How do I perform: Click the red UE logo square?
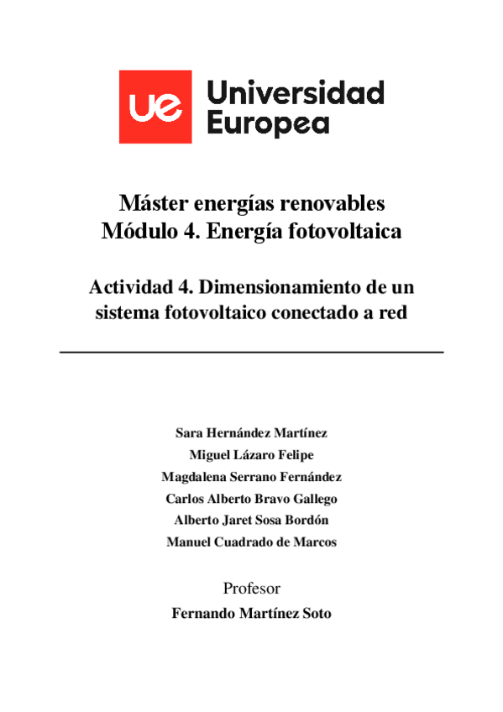(x=155, y=107)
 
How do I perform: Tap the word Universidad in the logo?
(x=294, y=92)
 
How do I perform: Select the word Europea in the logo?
(x=268, y=123)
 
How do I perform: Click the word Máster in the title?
(x=152, y=203)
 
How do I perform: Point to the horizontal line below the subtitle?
(x=251, y=352)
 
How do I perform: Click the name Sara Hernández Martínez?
(x=251, y=433)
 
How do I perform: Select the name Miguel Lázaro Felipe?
(x=251, y=455)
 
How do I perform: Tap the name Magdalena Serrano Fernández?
(x=251, y=477)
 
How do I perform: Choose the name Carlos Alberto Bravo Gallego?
(x=251, y=499)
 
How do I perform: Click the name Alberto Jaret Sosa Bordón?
(x=251, y=521)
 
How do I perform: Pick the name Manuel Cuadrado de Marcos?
(x=251, y=542)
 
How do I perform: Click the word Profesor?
(x=251, y=588)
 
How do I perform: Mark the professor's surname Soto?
(x=315, y=614)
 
